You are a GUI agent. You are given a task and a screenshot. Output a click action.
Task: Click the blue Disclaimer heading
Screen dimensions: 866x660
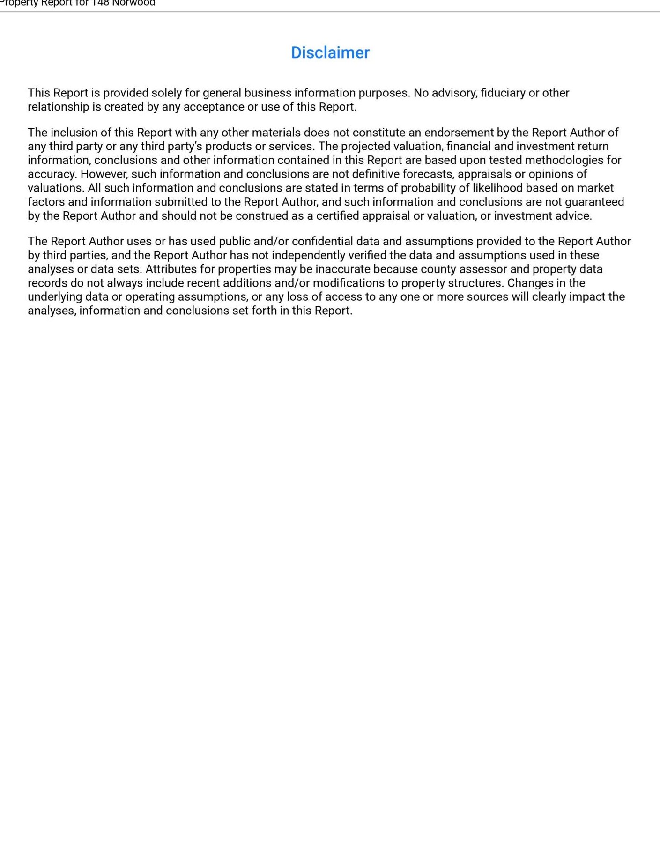(x=330, y=53)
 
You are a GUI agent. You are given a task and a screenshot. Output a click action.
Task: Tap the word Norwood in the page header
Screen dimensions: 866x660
(x=133, y=3)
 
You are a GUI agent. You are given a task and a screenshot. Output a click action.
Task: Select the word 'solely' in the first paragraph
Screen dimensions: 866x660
(x=166, y=93)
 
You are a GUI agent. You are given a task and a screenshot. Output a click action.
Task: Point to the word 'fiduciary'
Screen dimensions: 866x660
(x=503, y=93)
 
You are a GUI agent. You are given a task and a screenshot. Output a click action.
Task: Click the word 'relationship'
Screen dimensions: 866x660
(x=58, y=107)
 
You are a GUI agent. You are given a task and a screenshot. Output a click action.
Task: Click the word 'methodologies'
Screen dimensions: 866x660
(x=564, y=160)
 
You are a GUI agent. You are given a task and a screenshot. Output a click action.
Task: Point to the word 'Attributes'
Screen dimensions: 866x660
(x=171, y=269)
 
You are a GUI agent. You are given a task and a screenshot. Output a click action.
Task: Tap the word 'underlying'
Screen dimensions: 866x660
(x=55, y=297)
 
